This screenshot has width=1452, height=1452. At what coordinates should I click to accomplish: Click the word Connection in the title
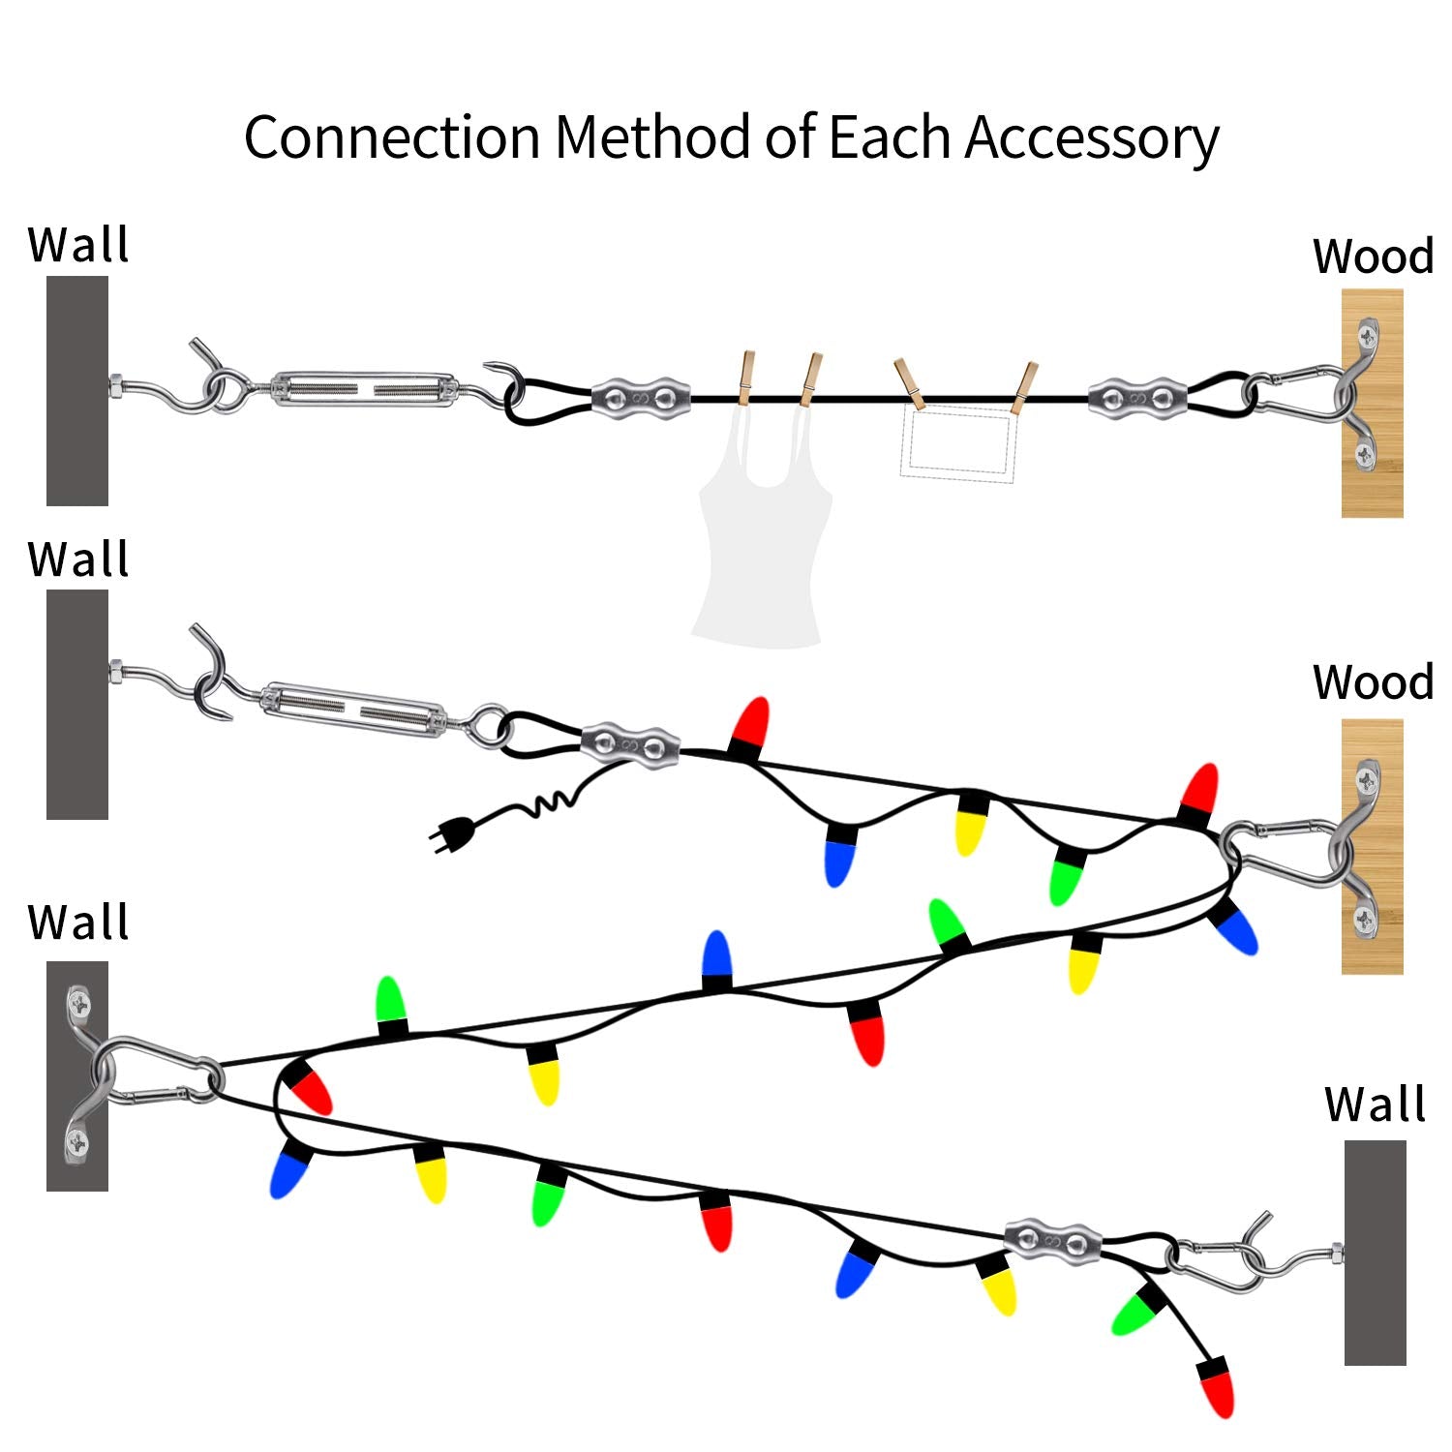point(392,137)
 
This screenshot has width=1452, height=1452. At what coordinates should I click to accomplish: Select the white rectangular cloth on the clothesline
point(957,443)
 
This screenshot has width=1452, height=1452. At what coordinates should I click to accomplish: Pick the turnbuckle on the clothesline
point(363,388)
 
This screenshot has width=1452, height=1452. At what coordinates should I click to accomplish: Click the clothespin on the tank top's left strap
point(745,378)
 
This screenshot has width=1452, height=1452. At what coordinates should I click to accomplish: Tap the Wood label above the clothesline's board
point(1373,257)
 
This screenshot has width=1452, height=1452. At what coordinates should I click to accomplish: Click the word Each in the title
point(891,137)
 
